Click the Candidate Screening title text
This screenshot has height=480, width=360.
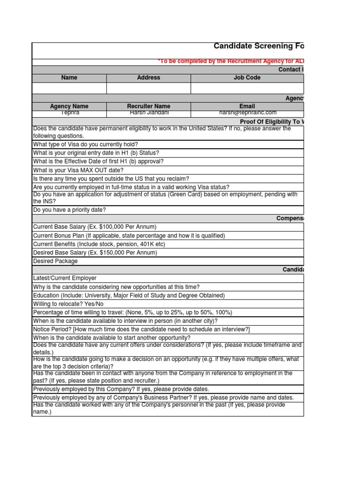point(258,46)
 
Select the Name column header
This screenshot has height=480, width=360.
point(69,78)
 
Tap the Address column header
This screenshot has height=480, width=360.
point(149,78)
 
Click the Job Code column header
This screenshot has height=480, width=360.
point(247,78)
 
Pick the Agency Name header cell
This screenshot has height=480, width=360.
point(69,106)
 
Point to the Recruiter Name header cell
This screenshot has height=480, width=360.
point(149,106)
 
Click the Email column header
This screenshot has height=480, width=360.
point(247,106)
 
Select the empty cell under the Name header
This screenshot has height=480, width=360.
point(69,88)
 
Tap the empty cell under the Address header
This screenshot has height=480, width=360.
point(149,88)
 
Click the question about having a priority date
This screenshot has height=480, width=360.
point(69,210)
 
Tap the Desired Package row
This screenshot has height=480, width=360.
point(55,261)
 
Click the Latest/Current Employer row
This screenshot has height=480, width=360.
point(65,278)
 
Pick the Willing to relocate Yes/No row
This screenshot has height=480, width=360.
point(68,304)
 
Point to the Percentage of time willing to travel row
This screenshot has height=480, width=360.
point(132,312)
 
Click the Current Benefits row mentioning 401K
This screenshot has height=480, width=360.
point(99,244)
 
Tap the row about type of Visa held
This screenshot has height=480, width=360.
point(85,144)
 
